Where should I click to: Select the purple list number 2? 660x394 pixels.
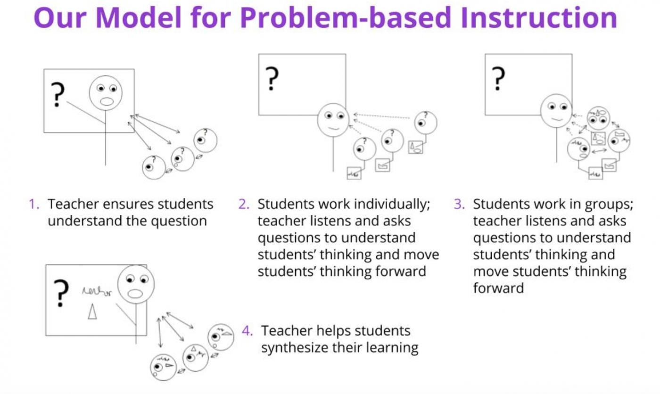pos(243,205)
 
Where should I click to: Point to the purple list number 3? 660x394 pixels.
pos(459,205)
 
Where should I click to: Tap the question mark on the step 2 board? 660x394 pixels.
pos(271,78)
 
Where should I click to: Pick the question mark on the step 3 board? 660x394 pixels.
pos(497,78)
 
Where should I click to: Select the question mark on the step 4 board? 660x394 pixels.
pos(60,294)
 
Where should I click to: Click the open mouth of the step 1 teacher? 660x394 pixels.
pos(106,101)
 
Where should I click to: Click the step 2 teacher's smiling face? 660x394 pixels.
pos(333,121)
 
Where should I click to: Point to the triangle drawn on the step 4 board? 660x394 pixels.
pos(92,312)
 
